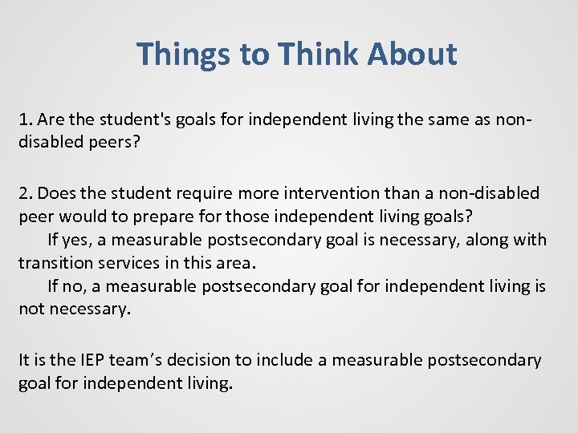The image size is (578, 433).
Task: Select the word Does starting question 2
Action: click(56, 193)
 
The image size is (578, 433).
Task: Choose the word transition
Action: click(54, 263)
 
